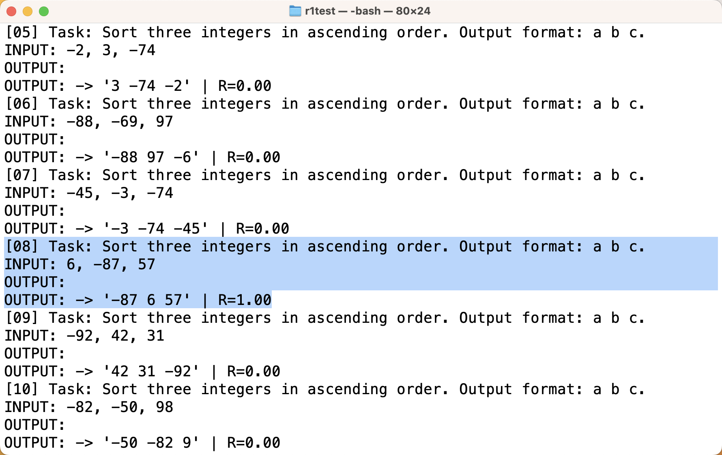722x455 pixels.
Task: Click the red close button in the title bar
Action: (11, 11)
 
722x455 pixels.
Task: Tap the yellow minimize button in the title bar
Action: (28, 11)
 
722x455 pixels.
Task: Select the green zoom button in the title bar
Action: (44, 11)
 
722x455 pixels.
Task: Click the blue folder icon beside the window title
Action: (295, 11)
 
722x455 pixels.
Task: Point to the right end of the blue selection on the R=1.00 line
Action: (272, 300)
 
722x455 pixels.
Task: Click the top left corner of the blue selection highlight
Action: (4, 237)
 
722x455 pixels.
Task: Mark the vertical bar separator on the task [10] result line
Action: (214, 443)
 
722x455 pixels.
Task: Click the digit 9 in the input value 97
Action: (160, 122)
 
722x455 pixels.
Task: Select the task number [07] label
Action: (22, 175)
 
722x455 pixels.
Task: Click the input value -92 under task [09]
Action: (80, 336)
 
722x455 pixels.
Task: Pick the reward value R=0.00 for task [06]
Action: (254, 157)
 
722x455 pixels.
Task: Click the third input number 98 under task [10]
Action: (164, 407)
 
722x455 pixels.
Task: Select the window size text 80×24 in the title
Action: (413, 11)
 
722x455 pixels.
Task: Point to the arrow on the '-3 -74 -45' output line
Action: (84, 229)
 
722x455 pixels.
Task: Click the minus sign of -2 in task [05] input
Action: (71, 50)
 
